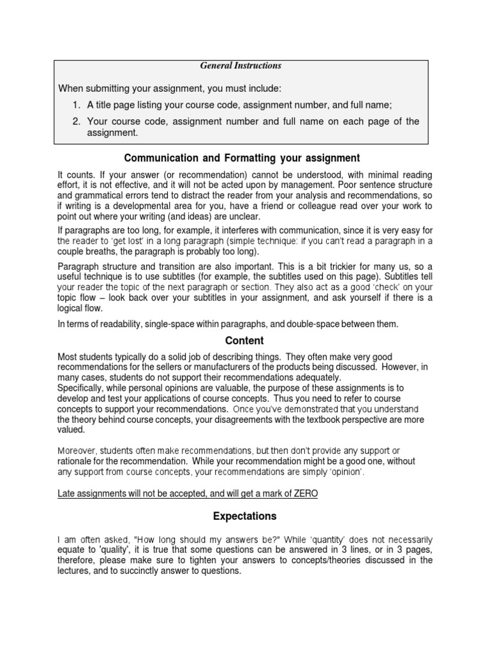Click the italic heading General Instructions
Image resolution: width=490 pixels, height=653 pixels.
point(241,66)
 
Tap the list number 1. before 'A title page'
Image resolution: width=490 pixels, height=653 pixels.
point(75,105)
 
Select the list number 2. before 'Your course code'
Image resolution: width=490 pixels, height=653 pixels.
point(75,121)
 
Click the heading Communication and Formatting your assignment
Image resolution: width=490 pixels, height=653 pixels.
point(242,158)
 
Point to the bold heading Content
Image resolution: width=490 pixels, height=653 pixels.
point(241,341)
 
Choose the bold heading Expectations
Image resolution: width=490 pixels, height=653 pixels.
point(241,515)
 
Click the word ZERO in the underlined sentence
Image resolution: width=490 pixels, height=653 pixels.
point(304,494)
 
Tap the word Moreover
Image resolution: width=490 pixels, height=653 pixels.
point(80,450)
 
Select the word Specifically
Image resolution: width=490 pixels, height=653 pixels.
point(83,388)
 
